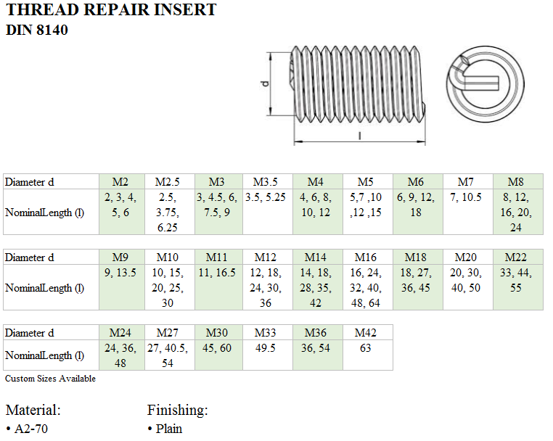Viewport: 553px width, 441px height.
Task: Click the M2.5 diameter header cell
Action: (x=168, y=181)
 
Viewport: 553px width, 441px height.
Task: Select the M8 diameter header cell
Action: (x=516, y=181)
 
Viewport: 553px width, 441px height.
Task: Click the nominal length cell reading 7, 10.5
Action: (x=465, y=197)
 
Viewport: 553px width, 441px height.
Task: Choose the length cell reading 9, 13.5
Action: (x=120, y=273)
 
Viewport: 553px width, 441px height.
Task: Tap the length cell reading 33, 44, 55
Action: (x=516, y=279)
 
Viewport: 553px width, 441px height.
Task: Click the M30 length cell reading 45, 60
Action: (x=217, y=347)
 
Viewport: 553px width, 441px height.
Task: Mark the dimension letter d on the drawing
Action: (x=265, y=83)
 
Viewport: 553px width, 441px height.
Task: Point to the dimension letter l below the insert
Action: (x=360, y=135)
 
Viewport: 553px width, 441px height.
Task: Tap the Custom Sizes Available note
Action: (x=50, y=378)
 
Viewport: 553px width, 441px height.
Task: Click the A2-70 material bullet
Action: (x=29, y=428)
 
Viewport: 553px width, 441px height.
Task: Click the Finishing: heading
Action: (x=177, y=410)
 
